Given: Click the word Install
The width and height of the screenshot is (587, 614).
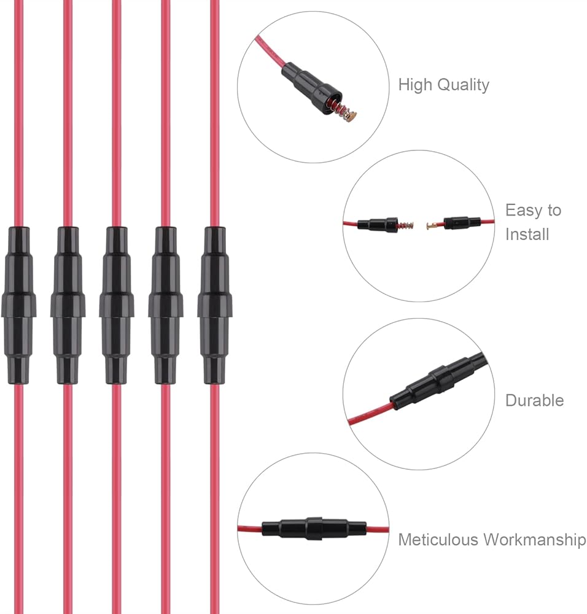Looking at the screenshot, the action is click(527, 234).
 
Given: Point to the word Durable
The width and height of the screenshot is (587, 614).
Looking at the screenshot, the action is click(535, 400).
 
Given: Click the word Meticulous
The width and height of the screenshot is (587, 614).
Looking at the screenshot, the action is click(438, 539).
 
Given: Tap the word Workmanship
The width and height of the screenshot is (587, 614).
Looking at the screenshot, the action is click(535, 540).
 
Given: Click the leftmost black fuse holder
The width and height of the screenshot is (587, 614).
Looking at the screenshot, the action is click(18, 305).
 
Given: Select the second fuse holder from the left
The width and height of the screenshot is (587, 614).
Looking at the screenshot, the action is click(68, 305).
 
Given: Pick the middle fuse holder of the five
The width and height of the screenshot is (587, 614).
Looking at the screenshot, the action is click(117, 305).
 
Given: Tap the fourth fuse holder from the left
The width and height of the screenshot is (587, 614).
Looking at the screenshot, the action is click(166, 305).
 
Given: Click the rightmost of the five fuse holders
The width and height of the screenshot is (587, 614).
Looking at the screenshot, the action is click(214, 305).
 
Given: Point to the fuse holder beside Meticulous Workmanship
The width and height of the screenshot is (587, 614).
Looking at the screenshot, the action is click(314, 528).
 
